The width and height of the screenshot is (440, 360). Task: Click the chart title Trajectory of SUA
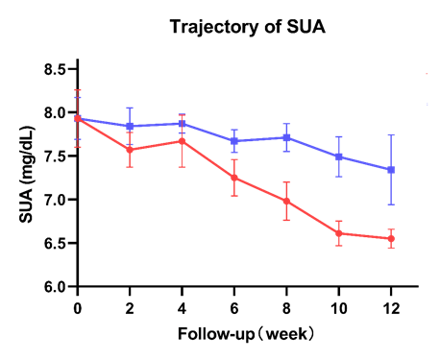pos(247,26)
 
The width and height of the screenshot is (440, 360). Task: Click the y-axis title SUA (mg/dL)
pos(28,179)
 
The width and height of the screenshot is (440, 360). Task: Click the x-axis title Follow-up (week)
pos(247,334)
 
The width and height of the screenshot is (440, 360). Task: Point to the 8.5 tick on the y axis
pos(53,69)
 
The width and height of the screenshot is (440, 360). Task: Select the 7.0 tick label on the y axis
pos(53,200)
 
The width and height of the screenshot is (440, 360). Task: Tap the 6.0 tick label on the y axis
pos(53,287)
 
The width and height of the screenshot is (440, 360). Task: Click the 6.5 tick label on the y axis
pos(53,243)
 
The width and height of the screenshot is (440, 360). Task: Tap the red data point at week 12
pos(391,238)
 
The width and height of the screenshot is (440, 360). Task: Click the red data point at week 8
pos(286,201)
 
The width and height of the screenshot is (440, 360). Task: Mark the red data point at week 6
pos(234,178)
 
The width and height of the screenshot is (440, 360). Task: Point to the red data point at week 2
pos(130,150)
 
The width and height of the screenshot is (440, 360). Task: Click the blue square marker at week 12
pos(391,170)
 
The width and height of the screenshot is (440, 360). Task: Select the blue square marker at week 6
pos(234,141)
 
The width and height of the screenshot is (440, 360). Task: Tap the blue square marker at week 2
pos(130,126)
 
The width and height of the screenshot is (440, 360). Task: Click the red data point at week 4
pos(183,141)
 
